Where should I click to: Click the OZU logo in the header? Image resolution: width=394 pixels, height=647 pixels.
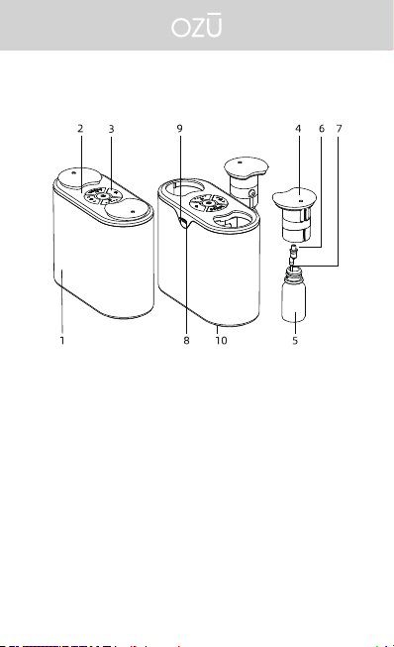point(197,26)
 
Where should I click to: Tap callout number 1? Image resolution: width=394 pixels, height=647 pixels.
point(62,341)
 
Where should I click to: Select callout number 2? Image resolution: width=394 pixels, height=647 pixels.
point(80,129)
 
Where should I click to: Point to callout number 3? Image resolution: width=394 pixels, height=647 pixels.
point(111,129)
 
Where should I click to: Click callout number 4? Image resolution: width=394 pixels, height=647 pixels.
point(298,129)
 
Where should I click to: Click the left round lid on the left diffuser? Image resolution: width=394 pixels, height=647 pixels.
point(78,177)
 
